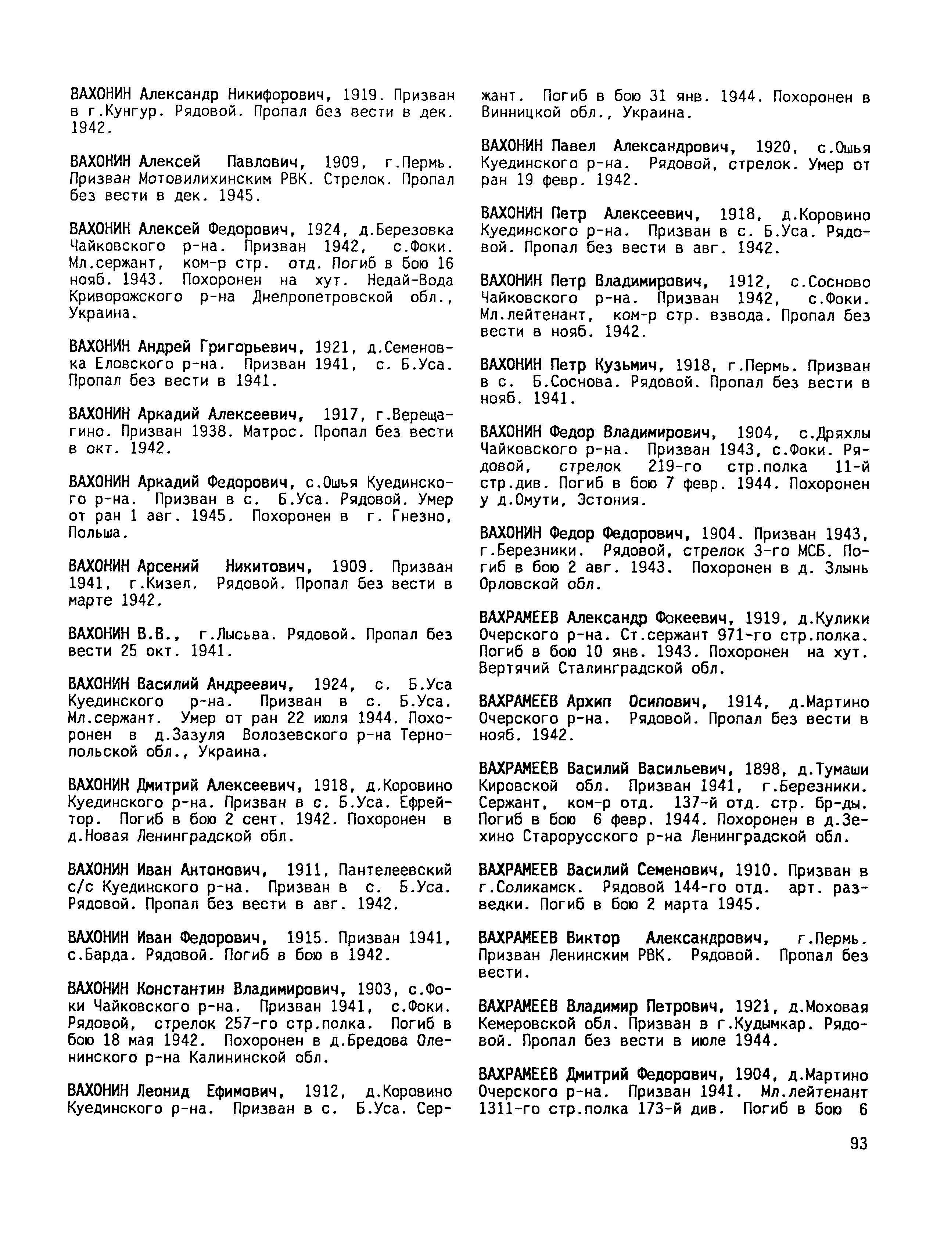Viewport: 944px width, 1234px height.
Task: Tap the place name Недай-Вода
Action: [410, 280]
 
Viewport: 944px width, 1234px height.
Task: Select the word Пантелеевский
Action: [395, 870]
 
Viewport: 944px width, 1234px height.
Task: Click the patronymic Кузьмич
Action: [629, 366]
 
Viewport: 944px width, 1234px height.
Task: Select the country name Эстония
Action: [612, 500]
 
